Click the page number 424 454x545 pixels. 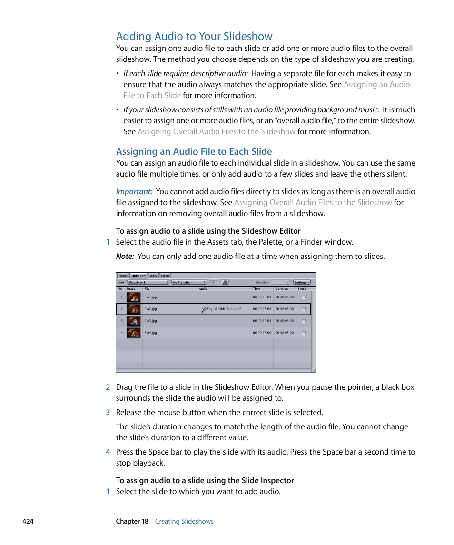28,521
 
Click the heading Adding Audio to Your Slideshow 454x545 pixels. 194,36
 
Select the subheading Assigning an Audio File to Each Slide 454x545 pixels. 194,151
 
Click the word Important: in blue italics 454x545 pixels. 134,191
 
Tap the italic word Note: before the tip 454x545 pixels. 125,256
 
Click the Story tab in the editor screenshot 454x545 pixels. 153,276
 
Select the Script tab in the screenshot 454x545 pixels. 165,276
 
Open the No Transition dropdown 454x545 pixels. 189,282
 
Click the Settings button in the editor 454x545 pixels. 302,282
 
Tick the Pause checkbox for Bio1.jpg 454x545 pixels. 304,297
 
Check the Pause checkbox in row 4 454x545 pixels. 304,333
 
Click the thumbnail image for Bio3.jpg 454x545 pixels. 133,321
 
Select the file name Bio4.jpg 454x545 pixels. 150,333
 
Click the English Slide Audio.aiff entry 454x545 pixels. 224,309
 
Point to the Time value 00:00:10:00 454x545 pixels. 262,321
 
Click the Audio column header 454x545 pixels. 203,288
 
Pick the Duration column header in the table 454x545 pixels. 282,288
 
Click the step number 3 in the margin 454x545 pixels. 108,412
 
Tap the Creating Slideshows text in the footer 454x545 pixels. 184,521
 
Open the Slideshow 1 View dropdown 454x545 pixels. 148,282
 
